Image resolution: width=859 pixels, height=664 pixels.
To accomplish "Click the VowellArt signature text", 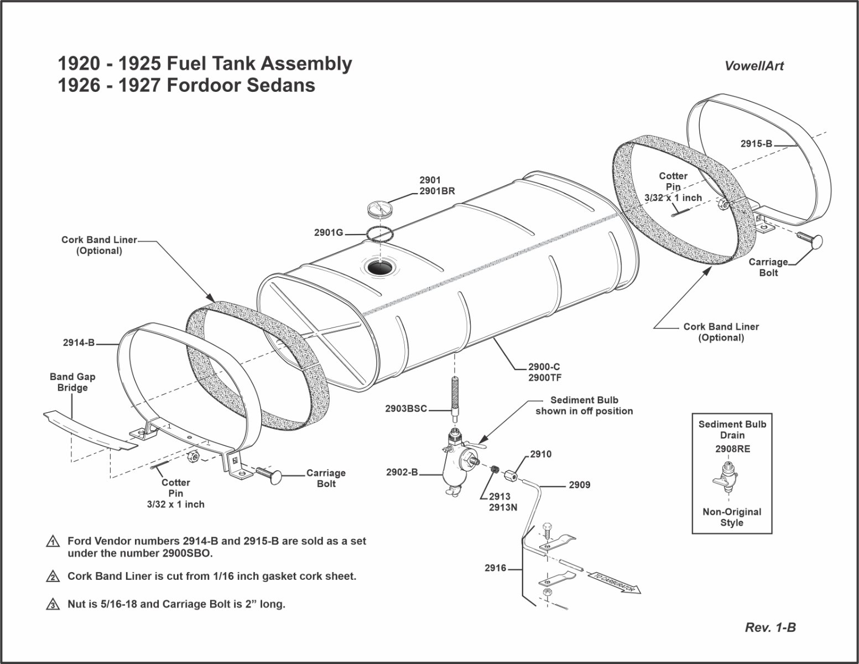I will point(754,66).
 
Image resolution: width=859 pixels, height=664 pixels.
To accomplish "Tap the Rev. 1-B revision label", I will point(770,627).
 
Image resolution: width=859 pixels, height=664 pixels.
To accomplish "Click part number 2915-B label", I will point(756,144).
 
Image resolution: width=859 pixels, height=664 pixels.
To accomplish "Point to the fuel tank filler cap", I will point(380,209).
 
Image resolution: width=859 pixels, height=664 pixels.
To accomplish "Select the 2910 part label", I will point(540,454).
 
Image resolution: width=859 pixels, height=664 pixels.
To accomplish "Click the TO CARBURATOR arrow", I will point(614,583).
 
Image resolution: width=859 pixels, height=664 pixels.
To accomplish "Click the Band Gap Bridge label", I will point(72,382).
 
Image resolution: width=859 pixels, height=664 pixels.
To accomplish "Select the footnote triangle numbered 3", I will point(53,604).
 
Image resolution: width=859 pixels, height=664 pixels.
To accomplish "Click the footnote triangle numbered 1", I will point(53,542).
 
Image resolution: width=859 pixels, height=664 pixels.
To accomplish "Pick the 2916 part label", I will point(495,568).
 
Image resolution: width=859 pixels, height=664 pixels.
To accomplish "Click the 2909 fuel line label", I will point(579,485).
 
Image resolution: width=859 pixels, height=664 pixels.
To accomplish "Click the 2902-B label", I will point(402,473).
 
